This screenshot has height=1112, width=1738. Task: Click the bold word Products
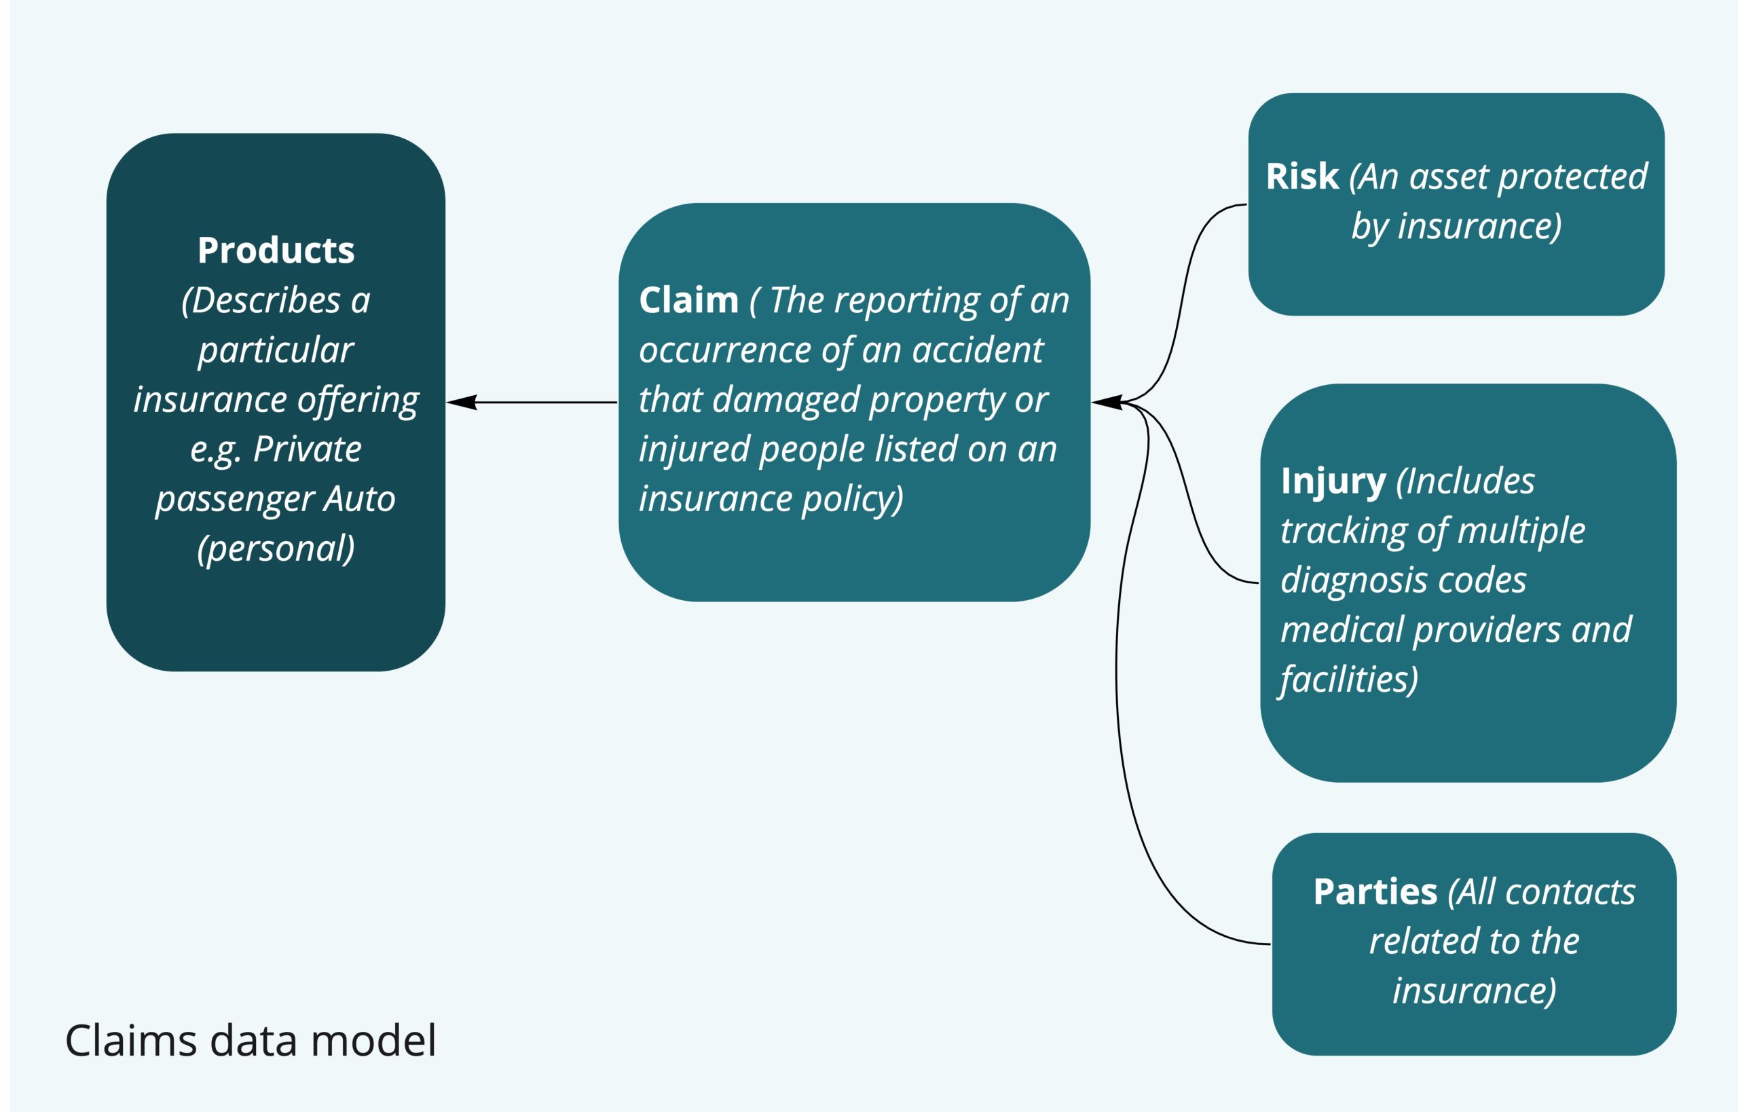pos(276,251)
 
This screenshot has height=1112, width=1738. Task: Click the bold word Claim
pos(688,299)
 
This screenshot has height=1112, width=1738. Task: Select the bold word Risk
pos(1302,177)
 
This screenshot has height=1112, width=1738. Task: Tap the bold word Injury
pos(1333,481)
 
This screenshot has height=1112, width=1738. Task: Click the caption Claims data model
pos(251,1041)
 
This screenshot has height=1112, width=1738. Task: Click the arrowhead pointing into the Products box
pos(462,402)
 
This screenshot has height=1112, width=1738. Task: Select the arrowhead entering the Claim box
pos(1106,402)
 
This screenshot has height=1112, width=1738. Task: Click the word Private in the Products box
pos(307,449)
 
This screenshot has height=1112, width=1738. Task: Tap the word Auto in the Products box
pos(359,499)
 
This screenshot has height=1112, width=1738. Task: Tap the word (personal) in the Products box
pos(276,549)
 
